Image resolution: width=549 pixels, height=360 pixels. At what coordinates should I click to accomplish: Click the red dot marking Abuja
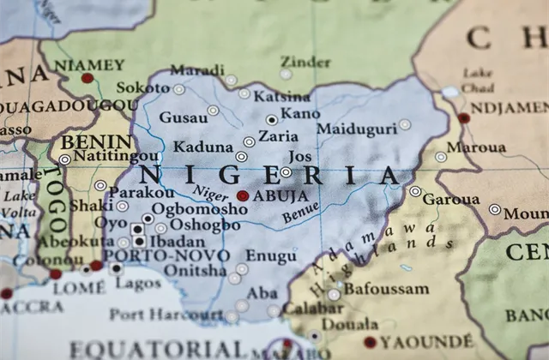pos(243,195)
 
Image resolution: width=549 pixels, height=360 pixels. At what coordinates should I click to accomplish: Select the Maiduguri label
pos(357,129)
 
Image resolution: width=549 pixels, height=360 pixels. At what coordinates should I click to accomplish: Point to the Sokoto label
pos(143,87)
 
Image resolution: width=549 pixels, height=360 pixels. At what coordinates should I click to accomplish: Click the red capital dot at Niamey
pos(87,78)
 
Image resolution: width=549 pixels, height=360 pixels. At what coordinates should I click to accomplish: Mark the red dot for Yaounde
pos(370,341)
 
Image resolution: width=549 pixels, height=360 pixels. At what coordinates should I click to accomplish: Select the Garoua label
pos(450,200)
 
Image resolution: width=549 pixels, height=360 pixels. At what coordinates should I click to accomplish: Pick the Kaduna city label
pos(203,147)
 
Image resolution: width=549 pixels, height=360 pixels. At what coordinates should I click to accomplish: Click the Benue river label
pos(300,213)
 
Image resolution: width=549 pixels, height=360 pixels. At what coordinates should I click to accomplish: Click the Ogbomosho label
pos(200,209)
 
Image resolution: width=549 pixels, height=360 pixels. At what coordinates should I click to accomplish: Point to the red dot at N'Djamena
pos(464,118)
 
